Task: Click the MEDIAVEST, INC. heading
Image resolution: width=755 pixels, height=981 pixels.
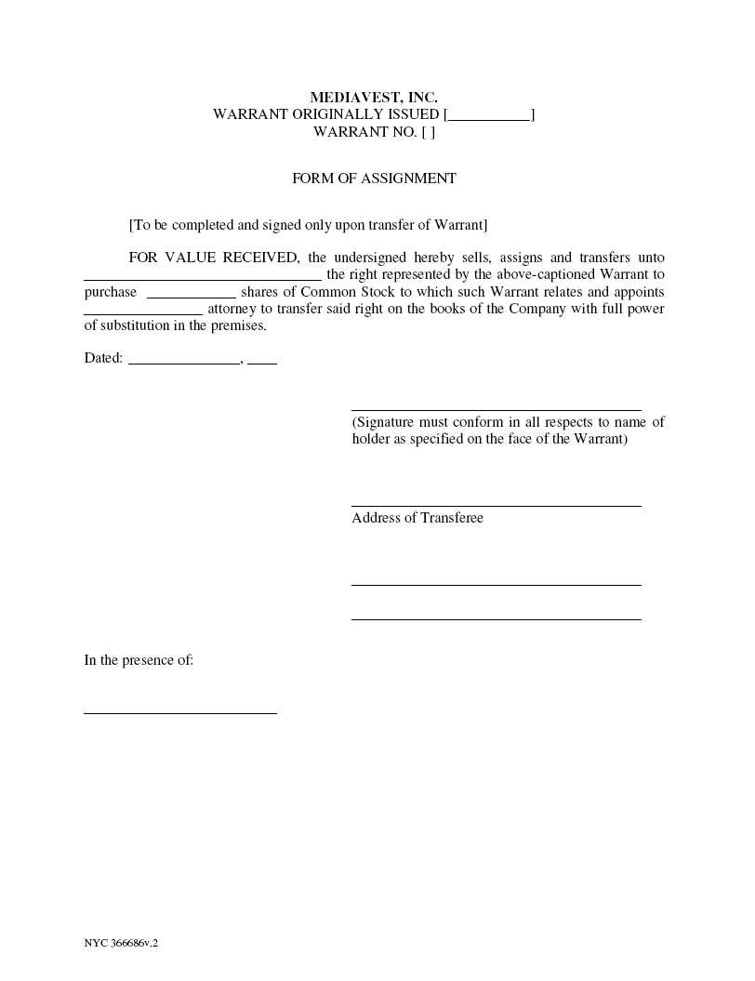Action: point(373,97)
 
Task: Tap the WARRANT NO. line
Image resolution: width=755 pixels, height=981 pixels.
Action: point(374,132)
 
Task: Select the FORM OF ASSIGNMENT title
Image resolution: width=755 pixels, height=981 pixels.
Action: point(374,179)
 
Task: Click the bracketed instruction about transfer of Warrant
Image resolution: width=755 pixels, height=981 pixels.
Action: point(308,225)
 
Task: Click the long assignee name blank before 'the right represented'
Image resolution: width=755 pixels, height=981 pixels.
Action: point(203,277)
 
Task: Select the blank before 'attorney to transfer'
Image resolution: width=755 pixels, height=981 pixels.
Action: point(143,312)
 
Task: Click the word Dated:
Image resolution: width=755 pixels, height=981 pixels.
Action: point(103,358)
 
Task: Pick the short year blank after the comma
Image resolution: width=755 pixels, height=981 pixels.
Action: point(262,361)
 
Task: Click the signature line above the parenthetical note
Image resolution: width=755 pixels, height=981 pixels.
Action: point(496,408)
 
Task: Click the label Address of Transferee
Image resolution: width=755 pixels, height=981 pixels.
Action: point(417,518)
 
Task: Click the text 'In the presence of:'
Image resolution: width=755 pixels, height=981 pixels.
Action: point(139,660)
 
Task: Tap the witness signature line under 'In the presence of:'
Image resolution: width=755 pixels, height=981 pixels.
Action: point(180,712)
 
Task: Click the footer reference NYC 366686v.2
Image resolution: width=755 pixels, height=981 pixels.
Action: point(121,943)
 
